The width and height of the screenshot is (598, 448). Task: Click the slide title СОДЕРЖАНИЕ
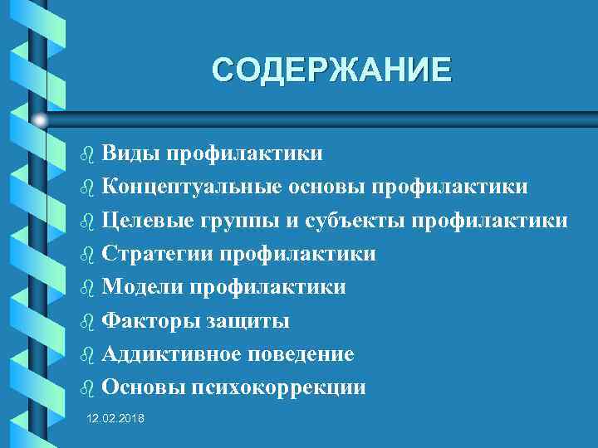tap(332, 69)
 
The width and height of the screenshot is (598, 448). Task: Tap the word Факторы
tap(146, 321)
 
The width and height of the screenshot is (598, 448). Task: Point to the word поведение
tap(300, 354)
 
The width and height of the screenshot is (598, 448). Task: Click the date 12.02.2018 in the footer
tap(115, 419)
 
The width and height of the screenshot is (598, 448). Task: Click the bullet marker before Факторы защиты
tap(87, 322)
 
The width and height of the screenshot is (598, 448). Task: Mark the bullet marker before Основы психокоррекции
tap(87, 388)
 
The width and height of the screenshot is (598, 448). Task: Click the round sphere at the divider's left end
tap(40, 121)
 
